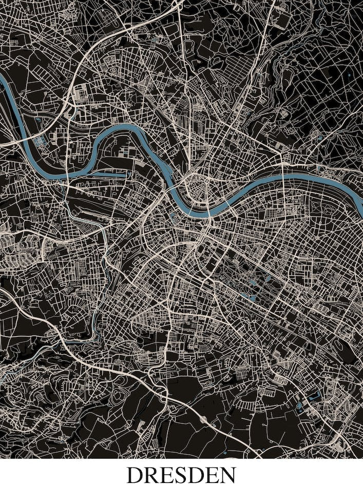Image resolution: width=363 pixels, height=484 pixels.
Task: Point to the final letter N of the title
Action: coord(227,475)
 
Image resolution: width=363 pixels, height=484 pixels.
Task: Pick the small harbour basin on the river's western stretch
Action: coord(40,140)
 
